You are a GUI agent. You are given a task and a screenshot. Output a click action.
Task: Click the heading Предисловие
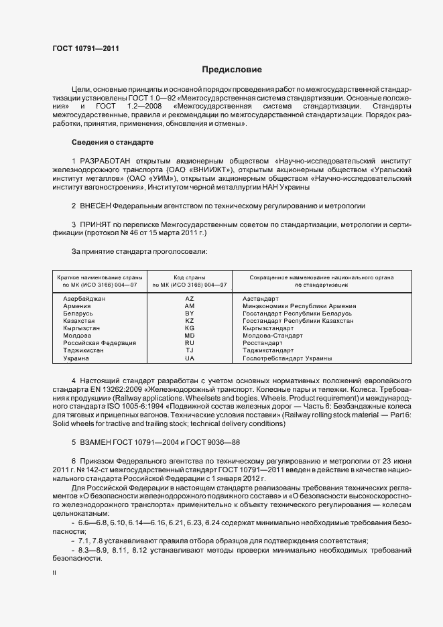pyautogui.click(x=232, y=70)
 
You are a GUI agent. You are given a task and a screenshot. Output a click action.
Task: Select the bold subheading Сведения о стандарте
pyautogui.click(x=113, y=142)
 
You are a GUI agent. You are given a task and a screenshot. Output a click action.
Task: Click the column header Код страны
pyautogui.click(x=190, y=277)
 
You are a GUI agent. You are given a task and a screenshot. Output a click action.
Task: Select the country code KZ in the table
pyautogui.click(x=190, y=321)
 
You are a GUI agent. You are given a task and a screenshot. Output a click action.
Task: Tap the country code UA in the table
pyautogui.click(x=190, y=358)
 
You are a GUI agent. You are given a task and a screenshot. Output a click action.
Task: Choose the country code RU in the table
pyautogui.click(x=190, y=343)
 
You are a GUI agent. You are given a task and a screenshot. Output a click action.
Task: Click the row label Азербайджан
pyautogui.click(x=84, y=299)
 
